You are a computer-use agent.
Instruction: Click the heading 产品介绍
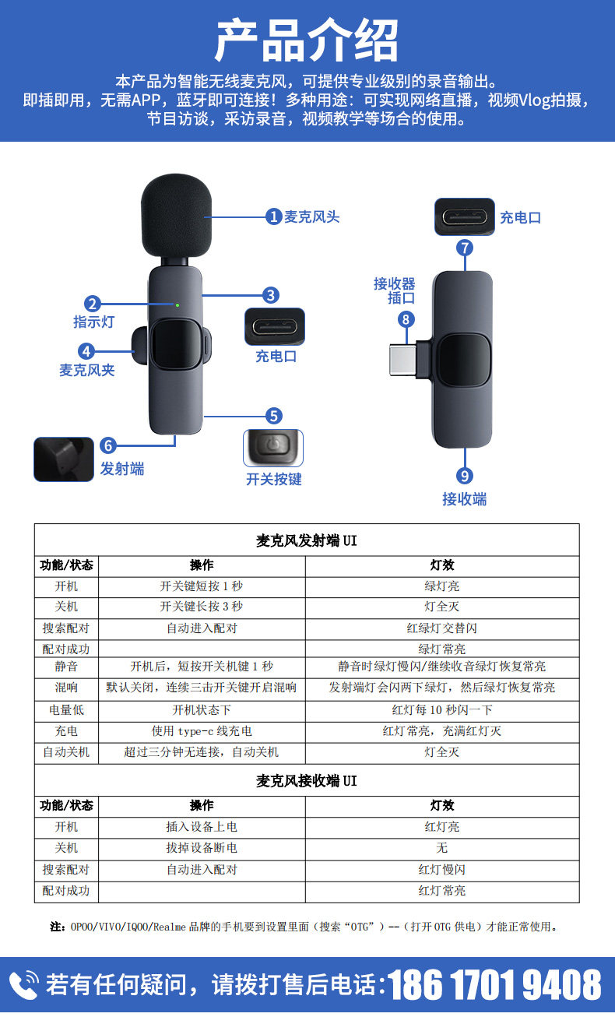[307, 40]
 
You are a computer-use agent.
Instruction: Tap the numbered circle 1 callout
[273, 216]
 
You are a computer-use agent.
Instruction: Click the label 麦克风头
[311, 216]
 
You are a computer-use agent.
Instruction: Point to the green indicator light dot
[177, 304]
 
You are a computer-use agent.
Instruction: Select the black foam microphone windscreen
[177, 216]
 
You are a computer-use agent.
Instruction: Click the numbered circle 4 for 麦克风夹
[86, 350]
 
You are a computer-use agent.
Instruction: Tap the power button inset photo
[273, 448]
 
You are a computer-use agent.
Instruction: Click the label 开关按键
[273, 480]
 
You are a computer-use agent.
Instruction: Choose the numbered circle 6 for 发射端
[108, 445]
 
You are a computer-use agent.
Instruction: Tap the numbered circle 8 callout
[405, 318]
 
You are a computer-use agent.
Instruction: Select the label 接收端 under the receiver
[465, 499]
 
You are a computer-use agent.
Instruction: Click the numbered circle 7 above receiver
[465, 248]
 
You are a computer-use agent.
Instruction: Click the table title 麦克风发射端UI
[307, 540]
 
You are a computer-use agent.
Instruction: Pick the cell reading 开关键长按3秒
[202, 607]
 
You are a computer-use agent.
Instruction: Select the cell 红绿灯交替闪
[441, 628]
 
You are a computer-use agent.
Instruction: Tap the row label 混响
[66, 688]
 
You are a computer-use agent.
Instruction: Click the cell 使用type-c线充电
[202, 731]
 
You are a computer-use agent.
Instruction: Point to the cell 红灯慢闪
[441, 870]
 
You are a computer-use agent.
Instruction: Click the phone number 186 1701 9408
[495, 985]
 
